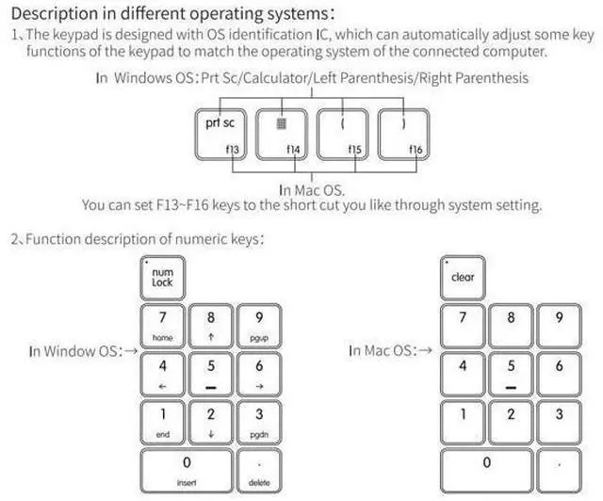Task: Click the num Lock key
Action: pyautogui.click(x=163, y=278)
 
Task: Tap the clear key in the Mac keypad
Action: pyautogui.click(x=463, y=278)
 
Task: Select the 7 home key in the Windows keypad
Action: pyautogui.click(x=163, y=326)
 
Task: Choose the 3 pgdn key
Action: pyautogui.click(x=259, y=423)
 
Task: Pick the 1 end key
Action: pyautogui.click(x=163, y=423)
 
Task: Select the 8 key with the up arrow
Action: pyautogui.click(x=211, y=326)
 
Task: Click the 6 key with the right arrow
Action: pyautogui.click(x=259, y=374)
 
